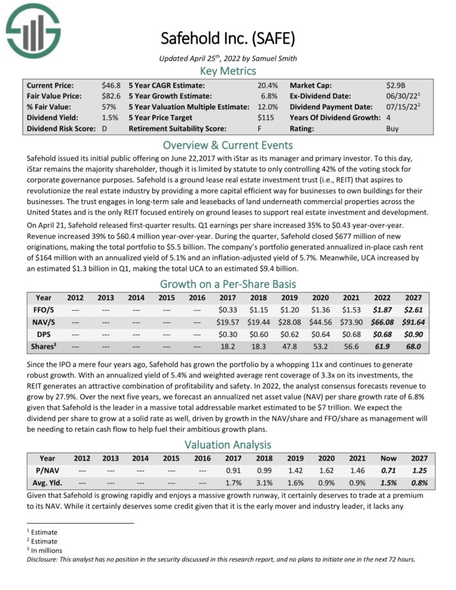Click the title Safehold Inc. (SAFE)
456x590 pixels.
point(228,39)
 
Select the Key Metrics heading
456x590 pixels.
point(228,71)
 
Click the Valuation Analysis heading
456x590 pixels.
point(228,444)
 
